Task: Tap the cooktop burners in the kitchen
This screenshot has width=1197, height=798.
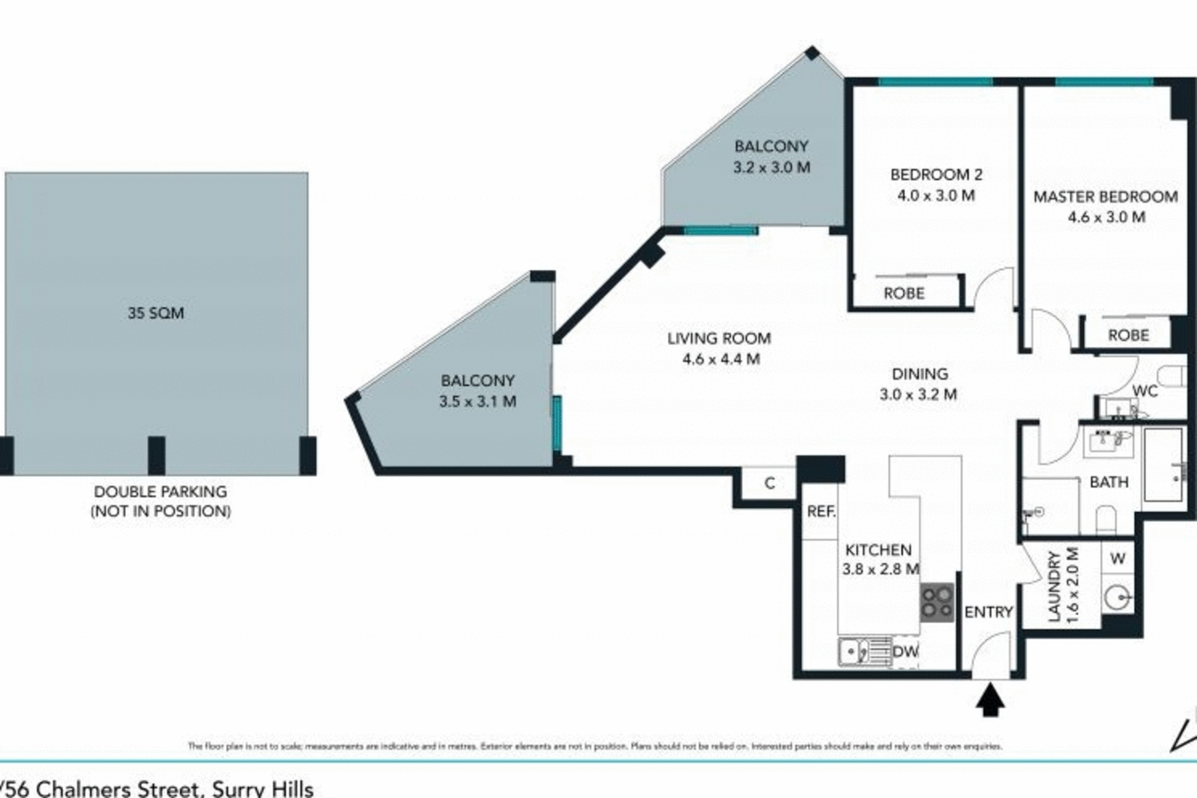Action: pyautogui.click(x=937, y=602)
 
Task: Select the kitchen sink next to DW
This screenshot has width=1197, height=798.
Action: pyautogui.click(x=855, y=652)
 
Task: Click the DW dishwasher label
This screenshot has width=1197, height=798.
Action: pyautogui.click(x=905, y=652)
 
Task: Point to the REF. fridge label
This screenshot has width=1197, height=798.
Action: pyautogui.click(x=820, y=511)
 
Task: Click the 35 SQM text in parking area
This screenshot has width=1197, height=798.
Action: pyautogui.click(x=156, y=313)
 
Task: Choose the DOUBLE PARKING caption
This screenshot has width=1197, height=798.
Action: pyautogui.click(x=160, y=492)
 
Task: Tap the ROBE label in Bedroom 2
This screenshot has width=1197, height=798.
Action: pyautogui.click(x=903, y=293)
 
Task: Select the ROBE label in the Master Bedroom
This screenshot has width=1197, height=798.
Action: pyautogui.click(x=1128, y=335)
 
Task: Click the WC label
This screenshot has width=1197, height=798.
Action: pyautogui.click(x=1144, y=391)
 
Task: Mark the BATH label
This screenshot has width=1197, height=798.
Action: pyautogui.click(x=1108, y=482)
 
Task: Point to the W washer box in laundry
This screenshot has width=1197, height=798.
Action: pyautogui.click(x=1117, y=559)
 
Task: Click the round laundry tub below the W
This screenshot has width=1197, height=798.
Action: pyautogui.click(x=1119, y=596)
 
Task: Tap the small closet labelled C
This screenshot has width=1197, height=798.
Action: pyautogui.click(x=769, y=483)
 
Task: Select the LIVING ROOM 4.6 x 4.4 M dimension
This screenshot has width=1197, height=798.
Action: pyautogui.click(x=721, y=359)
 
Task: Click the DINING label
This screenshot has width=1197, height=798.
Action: pyautogui.click(x=919, y=374)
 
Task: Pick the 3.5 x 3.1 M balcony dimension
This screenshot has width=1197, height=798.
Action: pyautogui.click(x=477, y=402)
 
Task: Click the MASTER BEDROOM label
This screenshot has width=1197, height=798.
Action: pyautogui.click(x=1104, y=197)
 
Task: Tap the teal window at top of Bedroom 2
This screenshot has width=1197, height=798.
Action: pyautogui.click(x=935, y=81)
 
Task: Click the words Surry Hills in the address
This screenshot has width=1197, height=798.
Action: pyautogui.click(x=263, y=789)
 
